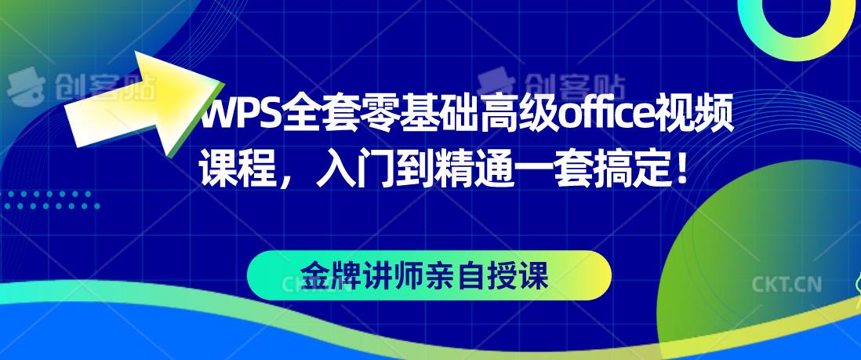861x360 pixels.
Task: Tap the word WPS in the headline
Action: pos(231,118)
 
